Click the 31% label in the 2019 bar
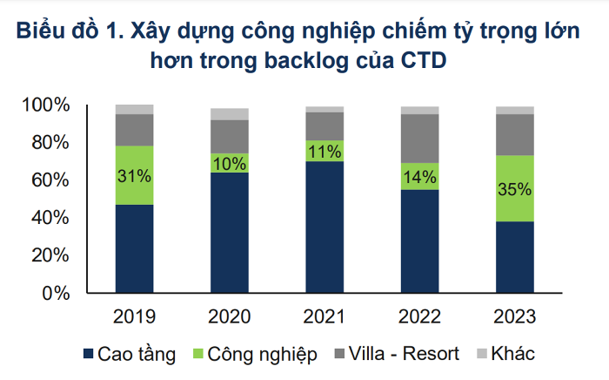[135, 175]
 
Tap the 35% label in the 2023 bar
[515, 188]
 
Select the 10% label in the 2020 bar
[230, 163]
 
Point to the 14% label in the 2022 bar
[420, 176]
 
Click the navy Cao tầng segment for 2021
[325, 227]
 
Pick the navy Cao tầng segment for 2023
[515, 257]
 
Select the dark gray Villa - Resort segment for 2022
[420, 139]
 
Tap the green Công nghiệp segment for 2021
[325, 151]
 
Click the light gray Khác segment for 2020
[230, 114]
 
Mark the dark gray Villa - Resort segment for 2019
[135, 130]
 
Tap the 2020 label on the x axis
[230, 316]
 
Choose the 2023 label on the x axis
[515, 316]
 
